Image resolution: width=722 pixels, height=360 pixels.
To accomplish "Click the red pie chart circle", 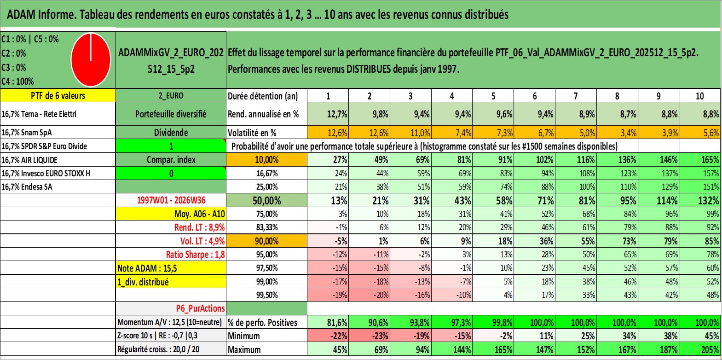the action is click(91, 60).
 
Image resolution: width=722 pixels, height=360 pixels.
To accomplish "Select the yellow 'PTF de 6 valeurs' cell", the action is click(58, 95).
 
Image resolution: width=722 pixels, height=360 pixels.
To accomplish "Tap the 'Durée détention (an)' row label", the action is click(263, 96).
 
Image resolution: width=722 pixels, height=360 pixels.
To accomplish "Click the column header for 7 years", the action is click(576, 96).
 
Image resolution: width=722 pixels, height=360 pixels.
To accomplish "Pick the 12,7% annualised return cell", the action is click(328, 114).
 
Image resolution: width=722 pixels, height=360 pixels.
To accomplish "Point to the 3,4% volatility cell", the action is click(617, 133).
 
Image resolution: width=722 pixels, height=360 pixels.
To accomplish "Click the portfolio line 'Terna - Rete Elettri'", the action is click(39, 114).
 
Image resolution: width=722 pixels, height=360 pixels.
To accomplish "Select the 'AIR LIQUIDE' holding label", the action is click(29, 160).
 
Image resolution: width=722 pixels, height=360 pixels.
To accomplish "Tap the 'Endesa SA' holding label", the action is click(27, 187).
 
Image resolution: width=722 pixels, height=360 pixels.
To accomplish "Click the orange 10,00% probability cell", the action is click(267, 160).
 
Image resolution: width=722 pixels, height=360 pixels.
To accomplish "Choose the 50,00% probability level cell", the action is click(267, 200).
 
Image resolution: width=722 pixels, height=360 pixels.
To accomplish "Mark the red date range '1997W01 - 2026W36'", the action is click(171, 200).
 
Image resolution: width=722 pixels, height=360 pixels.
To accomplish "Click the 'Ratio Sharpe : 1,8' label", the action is click(195, 255).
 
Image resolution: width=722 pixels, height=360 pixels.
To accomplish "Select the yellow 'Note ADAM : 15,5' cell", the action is click(171, 268).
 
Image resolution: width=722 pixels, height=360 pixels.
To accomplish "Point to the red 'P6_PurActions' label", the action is click(200, 308).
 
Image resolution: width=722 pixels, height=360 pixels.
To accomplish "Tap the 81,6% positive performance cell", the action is click(328, 322).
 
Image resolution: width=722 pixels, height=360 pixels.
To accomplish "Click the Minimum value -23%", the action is click(370, 336).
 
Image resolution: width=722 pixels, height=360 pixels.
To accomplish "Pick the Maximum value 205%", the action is click(700, 350).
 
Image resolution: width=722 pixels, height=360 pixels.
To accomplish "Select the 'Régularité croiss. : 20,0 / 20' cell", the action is click(158, 349).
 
